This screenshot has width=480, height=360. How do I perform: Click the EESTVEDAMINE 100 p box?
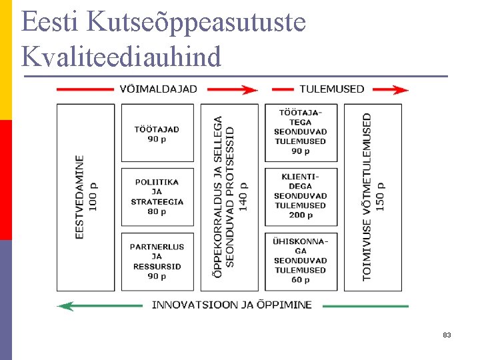(x=86, y=197)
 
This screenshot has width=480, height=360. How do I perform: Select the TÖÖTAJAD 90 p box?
(x=157, y=133)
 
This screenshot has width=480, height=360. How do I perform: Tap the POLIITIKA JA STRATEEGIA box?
(x=157, y=197)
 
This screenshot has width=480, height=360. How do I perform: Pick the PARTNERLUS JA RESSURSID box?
(x=157, y=261)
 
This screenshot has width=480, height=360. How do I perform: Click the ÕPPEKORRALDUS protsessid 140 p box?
(x=229, y=197)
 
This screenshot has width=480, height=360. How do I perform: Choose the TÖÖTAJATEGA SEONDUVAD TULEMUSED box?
(x=301, y=132)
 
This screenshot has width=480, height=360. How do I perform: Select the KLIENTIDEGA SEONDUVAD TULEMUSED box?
(x=301, y=197)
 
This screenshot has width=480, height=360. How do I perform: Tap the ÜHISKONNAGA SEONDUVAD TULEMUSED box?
(x=301, y=261)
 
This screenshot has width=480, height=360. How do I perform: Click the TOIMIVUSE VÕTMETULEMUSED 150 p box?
(x=373, y=197)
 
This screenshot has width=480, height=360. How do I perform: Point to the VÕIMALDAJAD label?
(x=159, y=89)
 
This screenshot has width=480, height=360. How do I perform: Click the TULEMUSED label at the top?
(x=331, y=89)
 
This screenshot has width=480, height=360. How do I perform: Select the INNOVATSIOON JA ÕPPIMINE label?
(x=231, y=305)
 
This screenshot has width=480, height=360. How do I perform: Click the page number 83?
(x=447, y=335)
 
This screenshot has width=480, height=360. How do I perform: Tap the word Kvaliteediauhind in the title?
(x=121, y=57)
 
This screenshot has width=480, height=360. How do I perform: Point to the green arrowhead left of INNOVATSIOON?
(x=65, y=305)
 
